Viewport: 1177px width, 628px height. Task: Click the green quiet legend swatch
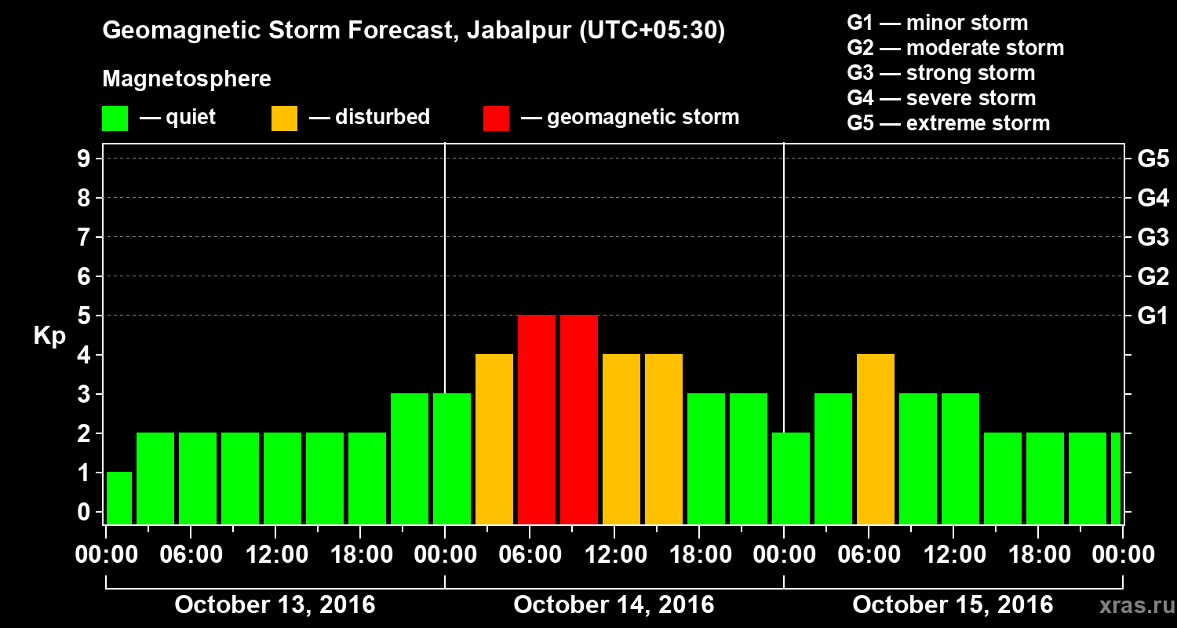(x=115, y=119)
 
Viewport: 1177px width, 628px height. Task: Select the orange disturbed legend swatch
(x=284, y=119)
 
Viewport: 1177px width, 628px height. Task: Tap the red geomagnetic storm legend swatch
(x=496, y=119)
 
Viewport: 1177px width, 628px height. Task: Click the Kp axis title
(x=49, y=336)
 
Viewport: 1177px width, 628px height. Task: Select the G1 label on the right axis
(x=1153, y=316)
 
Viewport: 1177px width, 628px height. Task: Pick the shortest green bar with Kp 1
(x=119, y=498)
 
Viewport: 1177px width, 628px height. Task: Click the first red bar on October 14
(x=537, y=419)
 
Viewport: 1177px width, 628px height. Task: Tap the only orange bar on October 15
(x=876, y=439)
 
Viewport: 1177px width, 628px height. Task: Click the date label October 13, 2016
(x=275, y=605)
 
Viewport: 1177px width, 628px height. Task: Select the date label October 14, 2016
(x=614, y=605)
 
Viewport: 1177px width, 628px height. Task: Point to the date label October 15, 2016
(x=953, y=605)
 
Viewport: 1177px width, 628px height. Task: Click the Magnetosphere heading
(x=187, y=79)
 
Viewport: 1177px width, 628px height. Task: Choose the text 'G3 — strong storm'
(x=941, y=73)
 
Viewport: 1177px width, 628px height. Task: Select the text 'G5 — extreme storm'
(x=948, y=123)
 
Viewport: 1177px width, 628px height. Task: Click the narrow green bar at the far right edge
(x=1116, y=478)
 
